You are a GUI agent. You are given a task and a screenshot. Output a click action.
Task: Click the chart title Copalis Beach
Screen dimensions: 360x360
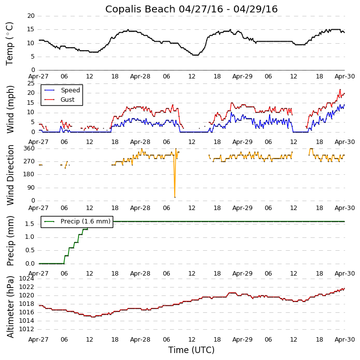point(191,9)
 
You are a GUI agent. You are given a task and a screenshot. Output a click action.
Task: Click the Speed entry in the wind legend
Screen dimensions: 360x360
point(70,90)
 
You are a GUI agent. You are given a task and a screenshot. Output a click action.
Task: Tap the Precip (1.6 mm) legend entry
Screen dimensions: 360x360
point(85,221)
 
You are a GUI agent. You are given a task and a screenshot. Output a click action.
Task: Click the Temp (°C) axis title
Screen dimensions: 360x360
point(10,43)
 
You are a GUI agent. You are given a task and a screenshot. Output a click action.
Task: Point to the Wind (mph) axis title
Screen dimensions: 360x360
point(10,109)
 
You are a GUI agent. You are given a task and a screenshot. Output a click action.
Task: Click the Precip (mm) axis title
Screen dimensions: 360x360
point(10,241)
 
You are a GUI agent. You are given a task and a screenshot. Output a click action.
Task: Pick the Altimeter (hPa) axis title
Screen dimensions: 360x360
point(10,306)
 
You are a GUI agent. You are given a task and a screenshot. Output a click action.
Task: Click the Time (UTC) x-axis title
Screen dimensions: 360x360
point(191,350)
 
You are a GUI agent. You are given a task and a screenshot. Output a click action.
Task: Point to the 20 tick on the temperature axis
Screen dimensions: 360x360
point(31,16)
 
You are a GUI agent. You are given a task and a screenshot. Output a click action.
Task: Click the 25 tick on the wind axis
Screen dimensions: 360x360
point(31,83)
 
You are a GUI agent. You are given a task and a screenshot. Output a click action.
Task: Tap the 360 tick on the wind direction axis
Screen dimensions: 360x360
point(29,148)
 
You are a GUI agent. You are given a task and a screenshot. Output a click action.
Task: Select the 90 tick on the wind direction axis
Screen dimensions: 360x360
point(31,188)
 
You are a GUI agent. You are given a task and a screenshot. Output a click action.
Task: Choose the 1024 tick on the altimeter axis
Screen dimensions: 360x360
point(27,279)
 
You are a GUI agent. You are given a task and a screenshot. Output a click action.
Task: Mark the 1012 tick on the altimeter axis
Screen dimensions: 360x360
point(27,329)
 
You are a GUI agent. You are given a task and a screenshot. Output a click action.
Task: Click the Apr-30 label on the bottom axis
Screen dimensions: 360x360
point(345,340)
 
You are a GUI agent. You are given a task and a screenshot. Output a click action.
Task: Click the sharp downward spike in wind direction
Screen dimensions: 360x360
point(175,197)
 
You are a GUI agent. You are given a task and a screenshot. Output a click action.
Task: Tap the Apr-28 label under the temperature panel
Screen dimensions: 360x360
point(141,77)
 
